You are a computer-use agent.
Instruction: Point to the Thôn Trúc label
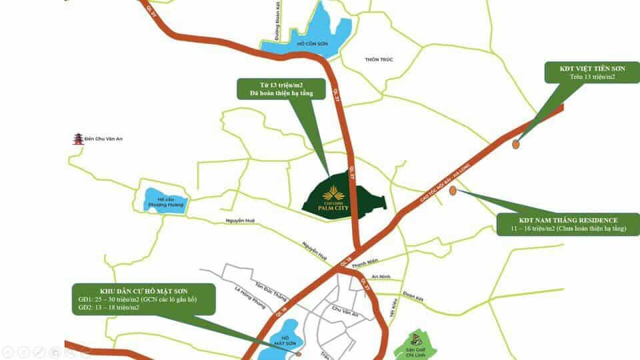(x=379, y=59)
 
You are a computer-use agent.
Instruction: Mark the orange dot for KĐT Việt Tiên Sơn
(x=516, y=143)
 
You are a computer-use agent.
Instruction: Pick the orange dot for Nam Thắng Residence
(x=453, y=191)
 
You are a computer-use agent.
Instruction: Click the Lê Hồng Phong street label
(x=250, y=298)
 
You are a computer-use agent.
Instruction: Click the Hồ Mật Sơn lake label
(x=284, y=341)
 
